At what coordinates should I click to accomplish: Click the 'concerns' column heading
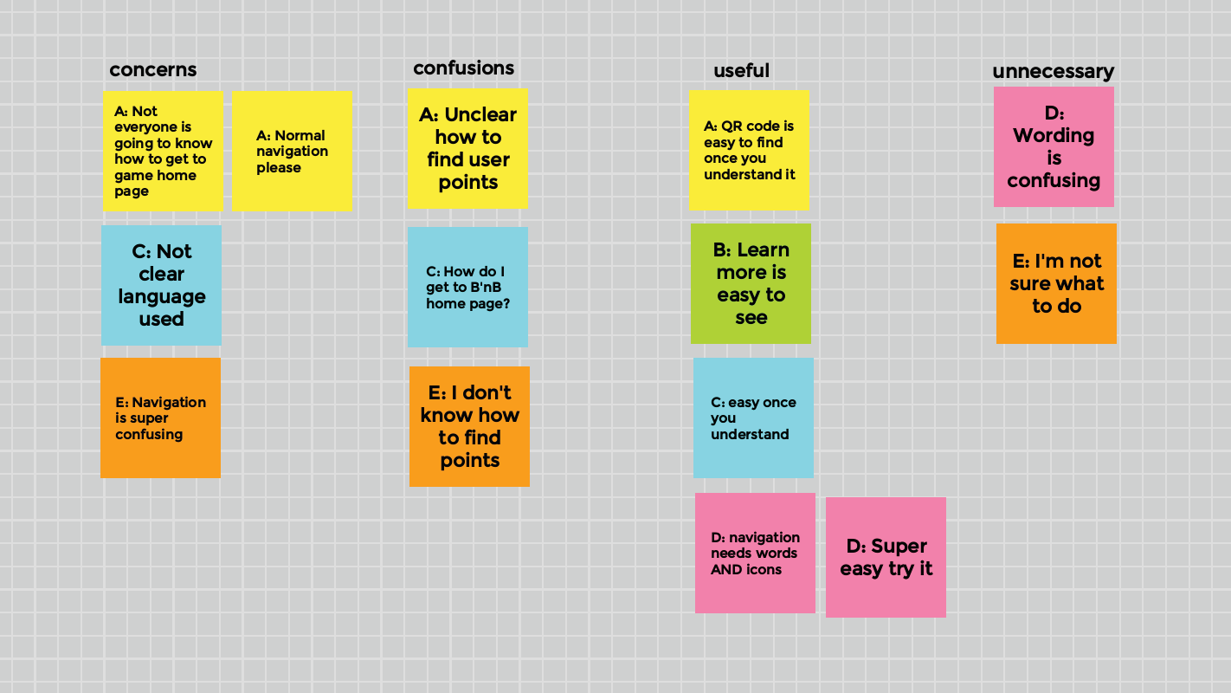153,70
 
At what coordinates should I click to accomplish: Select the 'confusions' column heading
464,68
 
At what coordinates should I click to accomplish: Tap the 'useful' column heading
741,71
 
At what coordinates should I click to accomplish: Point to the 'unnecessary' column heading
1053,72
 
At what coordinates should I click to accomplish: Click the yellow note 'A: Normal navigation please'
292,151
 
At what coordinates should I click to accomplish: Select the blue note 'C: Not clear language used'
161,285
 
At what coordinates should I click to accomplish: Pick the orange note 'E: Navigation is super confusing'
160,418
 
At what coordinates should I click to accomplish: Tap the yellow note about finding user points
467,148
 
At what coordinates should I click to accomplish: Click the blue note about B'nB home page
467,287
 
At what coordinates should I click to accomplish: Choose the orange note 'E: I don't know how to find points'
469,426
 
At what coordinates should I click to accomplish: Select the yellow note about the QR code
749,150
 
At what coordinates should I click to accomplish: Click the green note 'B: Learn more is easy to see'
751,283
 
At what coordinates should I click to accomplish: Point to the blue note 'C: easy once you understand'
753,418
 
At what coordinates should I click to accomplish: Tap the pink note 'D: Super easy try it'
886,557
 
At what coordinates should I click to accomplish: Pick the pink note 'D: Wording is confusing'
1054,146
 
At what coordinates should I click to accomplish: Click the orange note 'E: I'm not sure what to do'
1056,283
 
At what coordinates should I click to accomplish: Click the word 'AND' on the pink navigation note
726,570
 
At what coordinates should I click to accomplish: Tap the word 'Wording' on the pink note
1054,136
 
